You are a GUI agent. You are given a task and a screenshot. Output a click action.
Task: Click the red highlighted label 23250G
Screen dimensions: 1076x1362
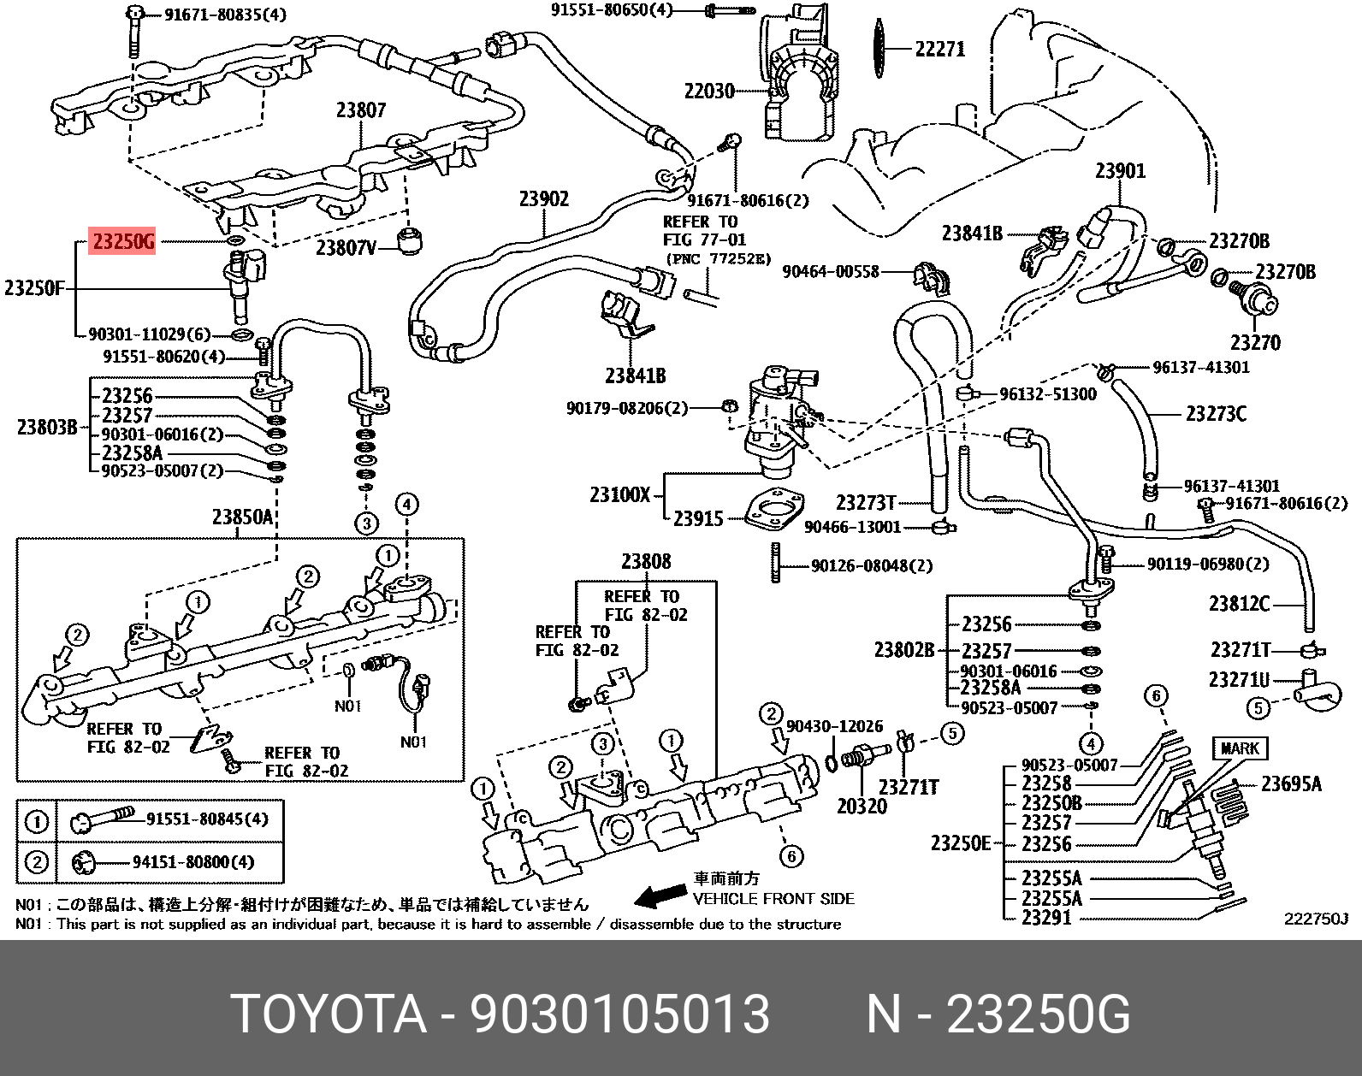coord(123,243)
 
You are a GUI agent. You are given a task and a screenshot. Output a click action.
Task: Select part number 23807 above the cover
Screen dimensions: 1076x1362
coord(360,110)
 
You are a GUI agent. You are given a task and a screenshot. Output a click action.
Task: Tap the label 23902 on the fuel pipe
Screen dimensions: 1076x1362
coord(543,199)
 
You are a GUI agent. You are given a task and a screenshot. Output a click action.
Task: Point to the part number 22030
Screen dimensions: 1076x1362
coord(709,91)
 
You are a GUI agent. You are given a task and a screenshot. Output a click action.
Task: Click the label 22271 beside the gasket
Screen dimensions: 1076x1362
coord(940,49)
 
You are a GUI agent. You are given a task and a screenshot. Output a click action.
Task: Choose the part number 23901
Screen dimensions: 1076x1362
coord(1120,171)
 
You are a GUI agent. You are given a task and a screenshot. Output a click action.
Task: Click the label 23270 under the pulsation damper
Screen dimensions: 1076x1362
coord(1255,343)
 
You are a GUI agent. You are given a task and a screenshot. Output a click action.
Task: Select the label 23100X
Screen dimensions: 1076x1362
coord(620,494)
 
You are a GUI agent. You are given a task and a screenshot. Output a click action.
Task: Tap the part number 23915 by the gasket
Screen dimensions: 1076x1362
coord(698,518)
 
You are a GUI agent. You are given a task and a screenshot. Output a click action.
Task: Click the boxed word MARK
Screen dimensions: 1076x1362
coord(1240,748)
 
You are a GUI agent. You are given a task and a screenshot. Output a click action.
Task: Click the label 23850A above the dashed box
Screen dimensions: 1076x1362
coord(242,517)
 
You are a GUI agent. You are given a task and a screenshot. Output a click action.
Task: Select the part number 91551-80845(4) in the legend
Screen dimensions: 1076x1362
coord(207,819)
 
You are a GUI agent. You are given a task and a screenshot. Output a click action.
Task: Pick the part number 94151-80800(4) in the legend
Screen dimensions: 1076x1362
coord(193,862)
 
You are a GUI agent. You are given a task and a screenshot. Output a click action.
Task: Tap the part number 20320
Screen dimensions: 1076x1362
coord(862,806)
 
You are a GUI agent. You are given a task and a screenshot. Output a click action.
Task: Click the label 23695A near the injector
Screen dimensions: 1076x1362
coord(1291,783)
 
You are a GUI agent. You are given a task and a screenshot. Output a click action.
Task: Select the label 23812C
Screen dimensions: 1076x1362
coord(1239,605)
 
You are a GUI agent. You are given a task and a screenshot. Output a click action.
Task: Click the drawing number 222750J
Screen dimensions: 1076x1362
coord(1315,919)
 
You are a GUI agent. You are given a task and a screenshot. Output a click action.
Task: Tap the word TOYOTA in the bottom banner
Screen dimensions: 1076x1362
coord(329,1015)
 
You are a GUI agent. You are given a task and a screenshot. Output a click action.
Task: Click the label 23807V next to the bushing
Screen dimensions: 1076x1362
coord(346,248)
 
